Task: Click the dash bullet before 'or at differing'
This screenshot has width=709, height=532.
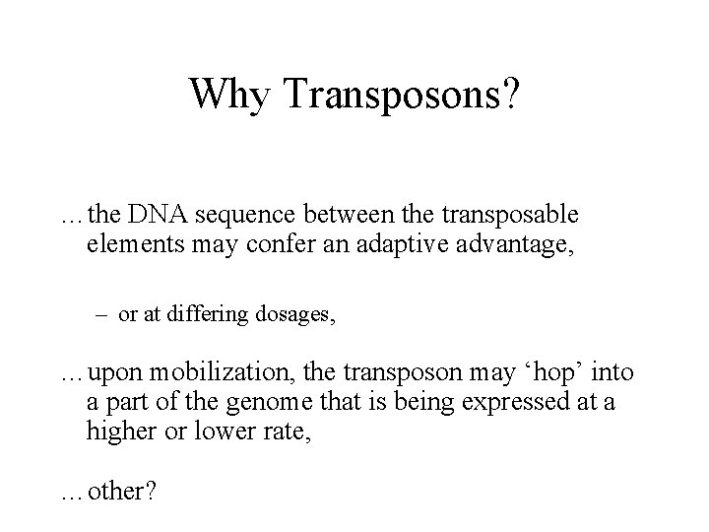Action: pos(103,315)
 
